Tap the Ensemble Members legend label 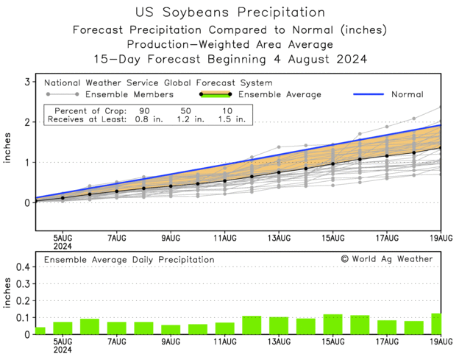tap(129, 94)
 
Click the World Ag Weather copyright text tap(387, 259)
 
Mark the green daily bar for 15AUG tap(332, 324)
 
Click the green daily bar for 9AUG tap(171, 329)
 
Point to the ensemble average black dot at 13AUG tap(279, 172)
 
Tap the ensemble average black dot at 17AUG tap(387, 156)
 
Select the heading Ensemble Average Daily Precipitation tap(129, 260)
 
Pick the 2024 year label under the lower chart tap(63, 351)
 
